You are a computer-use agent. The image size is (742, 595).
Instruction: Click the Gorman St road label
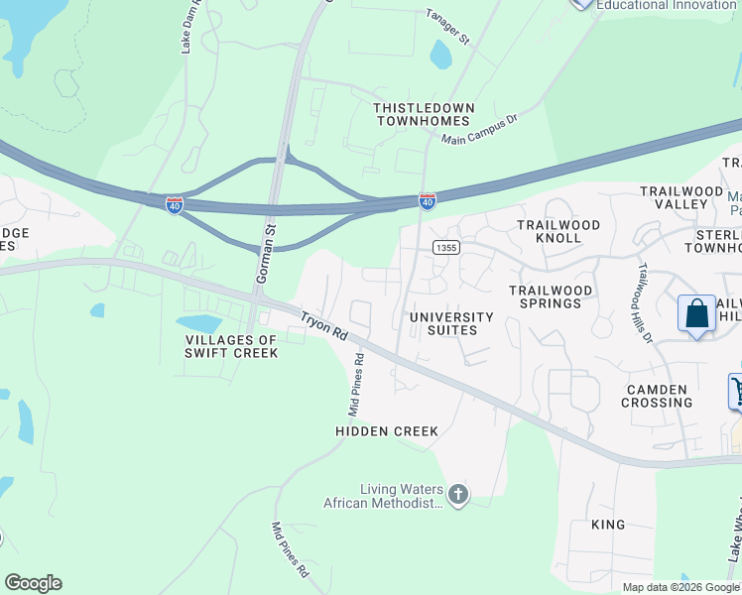266,255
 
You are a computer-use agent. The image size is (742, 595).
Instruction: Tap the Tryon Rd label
323,326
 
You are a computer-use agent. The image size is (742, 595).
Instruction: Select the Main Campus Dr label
480,130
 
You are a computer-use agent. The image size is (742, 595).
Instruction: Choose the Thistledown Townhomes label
424,113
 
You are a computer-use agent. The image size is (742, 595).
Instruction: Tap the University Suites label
451,323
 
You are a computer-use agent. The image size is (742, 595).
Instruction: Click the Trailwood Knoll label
558,232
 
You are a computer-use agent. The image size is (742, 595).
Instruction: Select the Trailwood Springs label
551,297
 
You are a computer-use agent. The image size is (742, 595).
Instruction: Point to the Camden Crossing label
657,396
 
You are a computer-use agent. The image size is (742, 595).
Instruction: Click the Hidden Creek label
387,432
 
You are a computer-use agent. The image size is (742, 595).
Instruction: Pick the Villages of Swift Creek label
231,346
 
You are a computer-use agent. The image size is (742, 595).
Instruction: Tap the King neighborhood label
607,525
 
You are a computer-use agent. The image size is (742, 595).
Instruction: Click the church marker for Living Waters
457,493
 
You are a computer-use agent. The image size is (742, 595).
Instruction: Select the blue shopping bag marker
697,313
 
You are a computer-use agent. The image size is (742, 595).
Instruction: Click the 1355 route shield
443,247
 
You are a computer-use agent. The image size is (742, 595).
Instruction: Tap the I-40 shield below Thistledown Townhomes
428,202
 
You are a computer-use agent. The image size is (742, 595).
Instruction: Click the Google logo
33,583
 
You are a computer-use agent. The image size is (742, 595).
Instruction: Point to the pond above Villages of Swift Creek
198,324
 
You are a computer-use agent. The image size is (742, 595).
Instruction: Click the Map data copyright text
680,587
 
